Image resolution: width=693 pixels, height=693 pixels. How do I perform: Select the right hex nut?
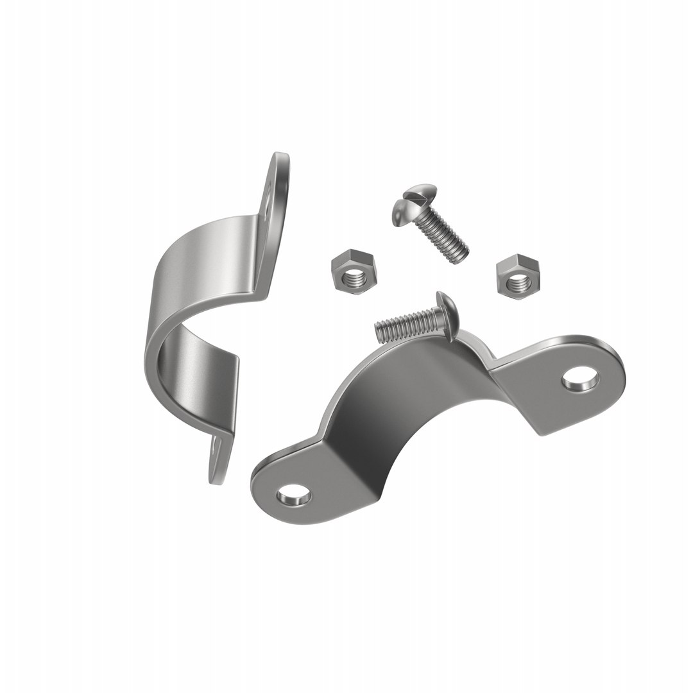coord(517,275)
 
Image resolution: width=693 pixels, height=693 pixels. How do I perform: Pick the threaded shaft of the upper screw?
coord(443,234)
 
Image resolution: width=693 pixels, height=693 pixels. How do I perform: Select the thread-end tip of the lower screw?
coord(379,331)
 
